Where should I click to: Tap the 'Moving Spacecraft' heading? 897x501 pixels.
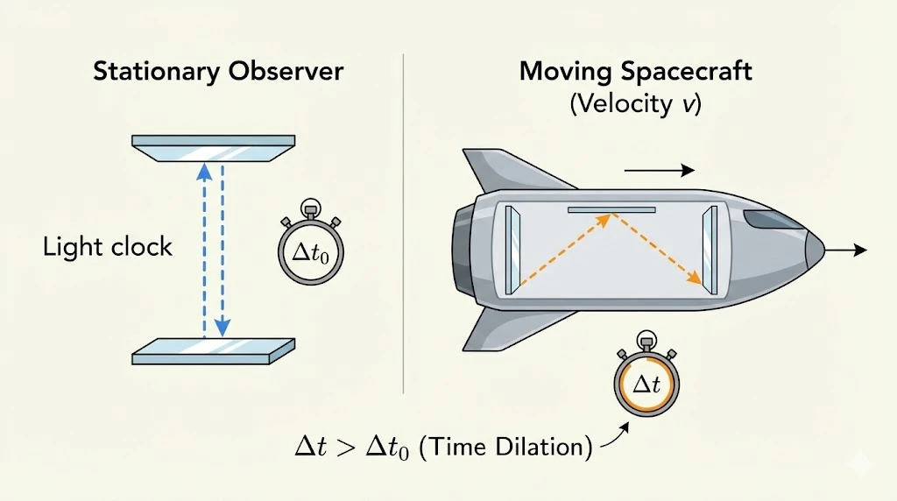(x=635, y=71)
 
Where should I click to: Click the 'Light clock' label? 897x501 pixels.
(x=108, y=247)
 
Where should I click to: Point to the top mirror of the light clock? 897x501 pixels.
(x=213, y=147)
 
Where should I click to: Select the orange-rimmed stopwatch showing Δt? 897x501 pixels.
(x=646, y=383)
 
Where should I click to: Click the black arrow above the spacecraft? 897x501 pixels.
(x=660, y=170)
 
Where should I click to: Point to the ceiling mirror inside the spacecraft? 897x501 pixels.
(x=611, y=210)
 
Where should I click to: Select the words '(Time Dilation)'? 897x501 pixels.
(x=507, y=447)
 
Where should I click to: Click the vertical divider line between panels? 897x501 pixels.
(x=403, y=219)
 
